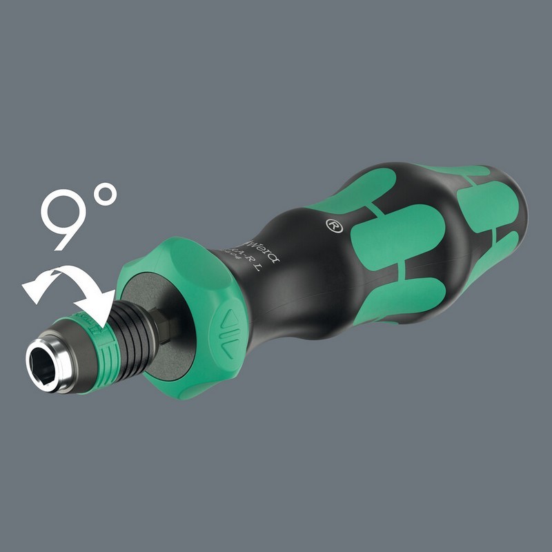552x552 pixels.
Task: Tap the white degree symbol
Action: tap(106, 196)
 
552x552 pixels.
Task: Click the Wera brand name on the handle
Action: tap(259, 250)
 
